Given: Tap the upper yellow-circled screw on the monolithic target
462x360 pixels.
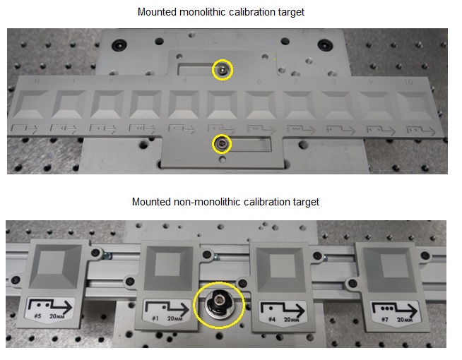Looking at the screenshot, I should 223,70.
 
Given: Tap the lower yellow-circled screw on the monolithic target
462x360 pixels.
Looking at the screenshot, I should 223,144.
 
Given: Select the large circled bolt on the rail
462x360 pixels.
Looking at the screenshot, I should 219,305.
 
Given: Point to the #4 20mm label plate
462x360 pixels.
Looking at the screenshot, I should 283,309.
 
